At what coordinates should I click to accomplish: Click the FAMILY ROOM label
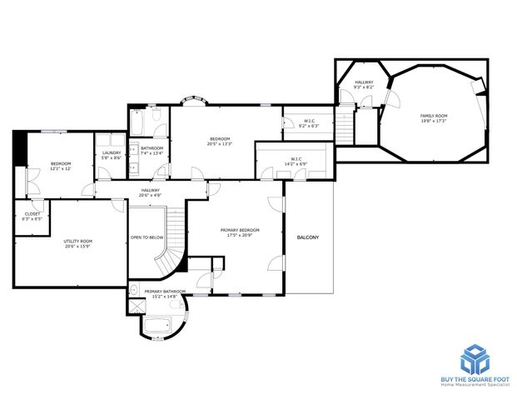point(433,116)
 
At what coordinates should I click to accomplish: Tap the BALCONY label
point(308,237)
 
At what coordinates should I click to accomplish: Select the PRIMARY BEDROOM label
point(240,230)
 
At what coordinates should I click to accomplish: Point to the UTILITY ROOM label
point(78,241)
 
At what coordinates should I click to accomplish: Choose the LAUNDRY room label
point(112,152)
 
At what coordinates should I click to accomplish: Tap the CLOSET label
point(32,214)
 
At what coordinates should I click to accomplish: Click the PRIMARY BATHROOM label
point(165,291)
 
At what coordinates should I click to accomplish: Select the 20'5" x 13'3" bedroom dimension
point(220,143)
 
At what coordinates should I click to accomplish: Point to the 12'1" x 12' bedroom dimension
point(61,168)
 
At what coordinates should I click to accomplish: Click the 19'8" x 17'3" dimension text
point(433,121)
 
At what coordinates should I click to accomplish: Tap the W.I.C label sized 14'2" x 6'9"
point(296,158)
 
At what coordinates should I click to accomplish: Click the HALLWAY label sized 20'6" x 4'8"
point(150,190)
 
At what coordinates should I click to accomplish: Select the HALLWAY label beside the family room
point(364,82)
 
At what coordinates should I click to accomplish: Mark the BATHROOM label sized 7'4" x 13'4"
point(152,148)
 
